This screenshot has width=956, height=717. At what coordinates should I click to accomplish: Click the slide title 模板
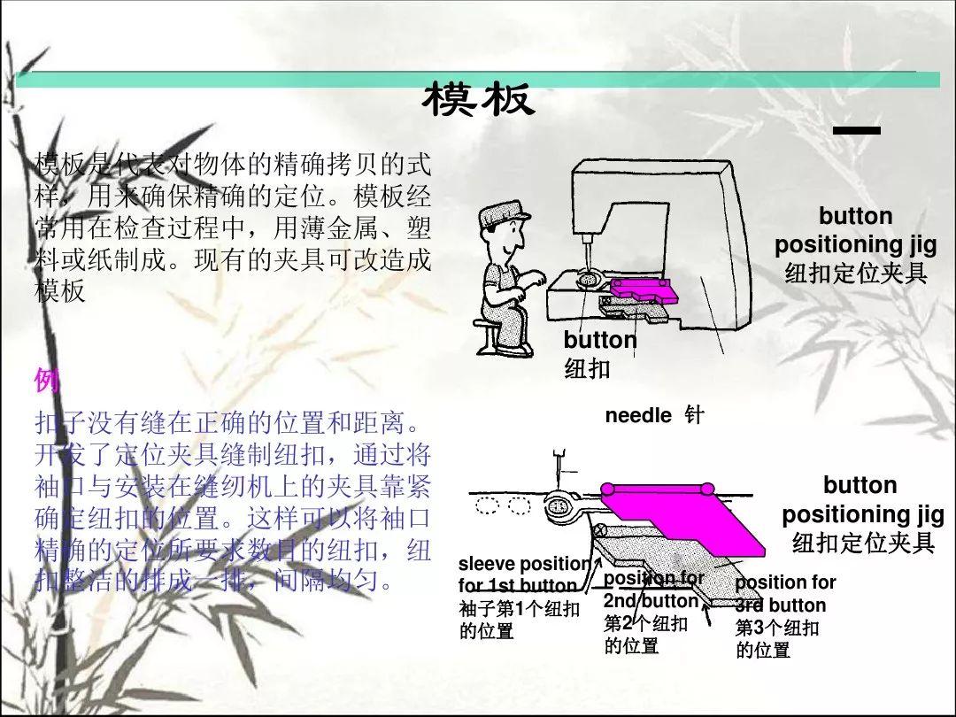point(479,99)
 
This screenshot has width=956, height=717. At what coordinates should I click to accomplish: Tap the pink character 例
point(48,380)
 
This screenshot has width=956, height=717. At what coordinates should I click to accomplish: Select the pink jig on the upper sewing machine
point(644,289)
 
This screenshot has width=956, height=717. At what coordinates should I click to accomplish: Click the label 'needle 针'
point(654,415)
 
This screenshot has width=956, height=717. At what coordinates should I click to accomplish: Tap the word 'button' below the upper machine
point(600,340)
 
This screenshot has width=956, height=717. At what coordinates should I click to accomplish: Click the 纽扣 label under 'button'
point(587,368)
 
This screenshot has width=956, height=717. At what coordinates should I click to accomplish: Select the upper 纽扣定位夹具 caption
point(856,273)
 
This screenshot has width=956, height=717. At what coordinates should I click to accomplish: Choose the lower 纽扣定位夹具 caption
point(863,542)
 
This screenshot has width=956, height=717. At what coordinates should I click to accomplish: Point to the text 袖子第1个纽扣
point(519,609)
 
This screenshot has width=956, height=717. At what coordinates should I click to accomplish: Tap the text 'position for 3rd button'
point(785,594)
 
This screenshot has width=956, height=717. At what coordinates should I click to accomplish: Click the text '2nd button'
point(651,601)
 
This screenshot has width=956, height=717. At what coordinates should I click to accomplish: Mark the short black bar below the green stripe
point(857,130)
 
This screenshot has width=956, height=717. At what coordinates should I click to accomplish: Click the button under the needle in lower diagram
point(559,505)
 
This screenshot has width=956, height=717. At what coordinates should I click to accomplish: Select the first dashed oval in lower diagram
point(487,505)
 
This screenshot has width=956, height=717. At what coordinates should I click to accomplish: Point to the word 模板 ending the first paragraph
point(60,290)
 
